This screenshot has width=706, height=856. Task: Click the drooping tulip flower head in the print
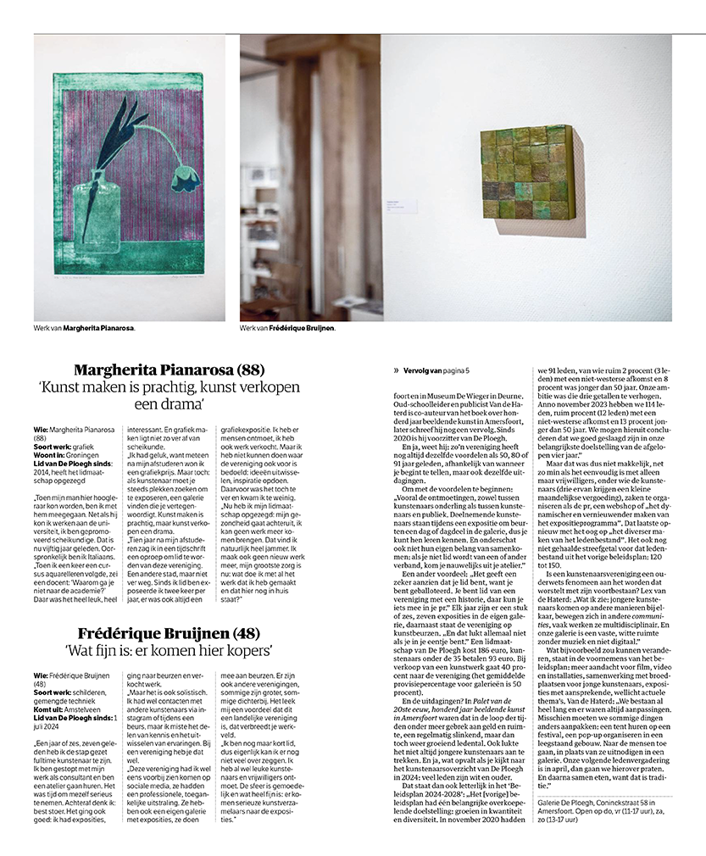click(x=183, y=177)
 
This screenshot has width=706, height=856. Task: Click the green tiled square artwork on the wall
click(x=527, y=171)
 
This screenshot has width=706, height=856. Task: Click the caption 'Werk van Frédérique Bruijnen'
click(x=287, y=327)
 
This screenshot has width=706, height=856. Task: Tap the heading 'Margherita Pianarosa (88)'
click(x=170, y=370)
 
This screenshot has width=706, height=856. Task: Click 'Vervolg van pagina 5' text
click(x=437, y=370)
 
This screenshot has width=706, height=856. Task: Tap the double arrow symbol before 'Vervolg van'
click(x=396, y=370)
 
